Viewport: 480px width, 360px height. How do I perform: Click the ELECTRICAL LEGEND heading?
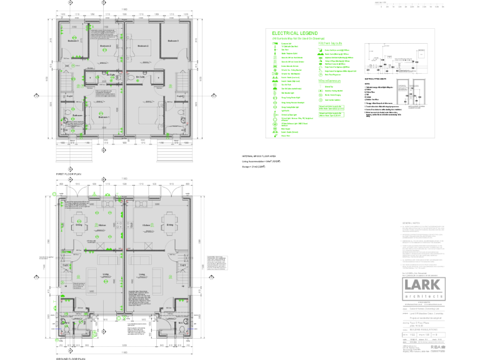coord(294,33)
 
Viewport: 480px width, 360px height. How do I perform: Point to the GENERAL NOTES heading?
coord(409,222)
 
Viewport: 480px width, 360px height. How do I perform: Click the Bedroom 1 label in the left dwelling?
coord(103,117)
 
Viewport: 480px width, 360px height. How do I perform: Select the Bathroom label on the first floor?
coord(77,115)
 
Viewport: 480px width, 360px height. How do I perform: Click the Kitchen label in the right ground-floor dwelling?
coord(146,226)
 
